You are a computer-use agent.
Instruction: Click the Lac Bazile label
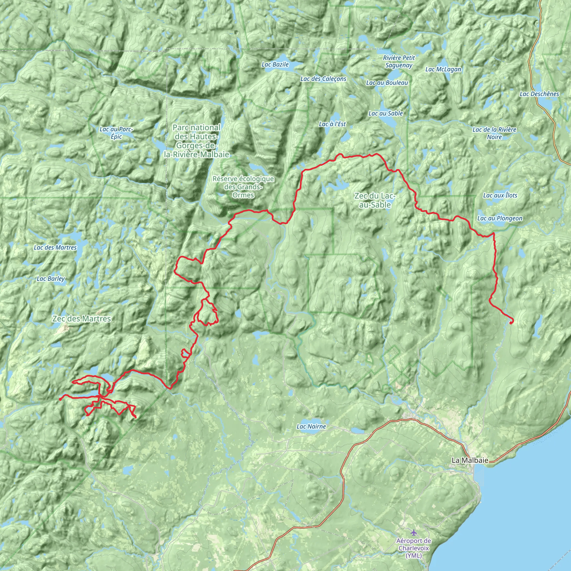tap(275, 64)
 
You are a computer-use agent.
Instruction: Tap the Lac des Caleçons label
tap(323, 79)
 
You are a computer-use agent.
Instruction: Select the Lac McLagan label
tap(443, 69)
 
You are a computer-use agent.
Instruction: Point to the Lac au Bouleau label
tap(387, 83)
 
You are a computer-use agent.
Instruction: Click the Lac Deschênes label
tap(539, 94)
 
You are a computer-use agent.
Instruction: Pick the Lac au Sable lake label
tap(385, 113)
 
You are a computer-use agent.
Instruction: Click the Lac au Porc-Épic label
tap(117, 133)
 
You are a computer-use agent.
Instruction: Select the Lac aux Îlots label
tap(500, 195)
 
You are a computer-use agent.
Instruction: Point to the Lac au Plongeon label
tap(500, 218)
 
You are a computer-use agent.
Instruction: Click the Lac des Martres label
tap(55, 247)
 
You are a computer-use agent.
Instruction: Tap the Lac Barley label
tap(50, 279)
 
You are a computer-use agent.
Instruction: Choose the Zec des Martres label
tap(82, 319)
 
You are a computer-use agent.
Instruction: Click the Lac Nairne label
tap(311, 427)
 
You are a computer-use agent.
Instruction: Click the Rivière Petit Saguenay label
tap(399, 61)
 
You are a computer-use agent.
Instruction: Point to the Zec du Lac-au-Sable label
tap(375, 200)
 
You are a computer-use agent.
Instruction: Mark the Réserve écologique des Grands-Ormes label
tap(243, 187)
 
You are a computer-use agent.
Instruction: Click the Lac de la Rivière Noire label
tap(494, 133)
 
